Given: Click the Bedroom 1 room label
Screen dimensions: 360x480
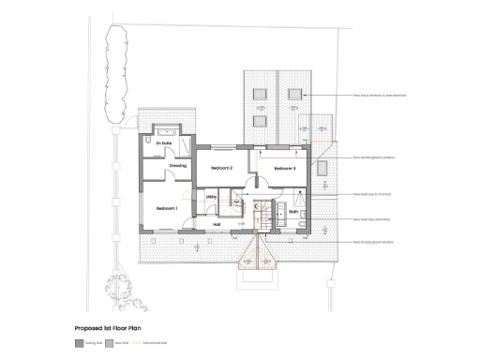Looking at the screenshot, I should coord(167,207).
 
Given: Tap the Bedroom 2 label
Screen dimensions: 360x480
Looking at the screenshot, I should coord(221,168).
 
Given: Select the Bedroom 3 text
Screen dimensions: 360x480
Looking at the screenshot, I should coord(285,168).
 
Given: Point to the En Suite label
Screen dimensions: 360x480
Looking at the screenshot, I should coord(164,142).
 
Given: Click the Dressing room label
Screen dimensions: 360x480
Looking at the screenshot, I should coord(177,166).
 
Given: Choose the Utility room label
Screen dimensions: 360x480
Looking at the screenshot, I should coord(212,197).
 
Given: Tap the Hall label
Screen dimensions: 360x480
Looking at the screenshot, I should coord(217,224).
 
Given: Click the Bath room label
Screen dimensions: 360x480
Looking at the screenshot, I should coord(292,213).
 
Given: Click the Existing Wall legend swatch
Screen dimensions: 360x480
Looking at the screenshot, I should coord(78,344).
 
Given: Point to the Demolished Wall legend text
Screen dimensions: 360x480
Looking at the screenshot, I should coord(155,344).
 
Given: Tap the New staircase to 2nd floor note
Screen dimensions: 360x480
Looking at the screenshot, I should coord(372,195).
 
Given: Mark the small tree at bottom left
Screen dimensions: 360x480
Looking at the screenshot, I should coord(127,293).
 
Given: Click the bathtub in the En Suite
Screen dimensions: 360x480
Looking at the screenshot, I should coord(167,132).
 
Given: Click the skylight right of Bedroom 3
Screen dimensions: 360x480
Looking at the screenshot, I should coord(323,168).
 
